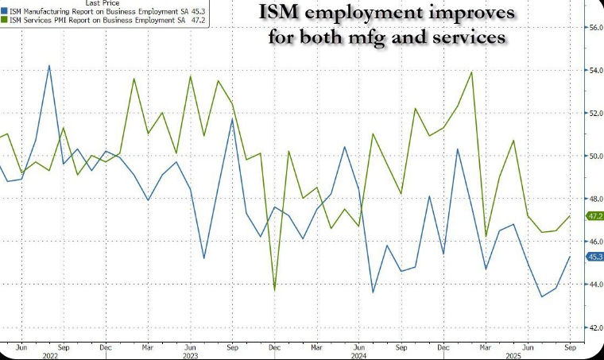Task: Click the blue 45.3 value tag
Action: tap(594, 257)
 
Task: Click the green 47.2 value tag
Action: tap(594, 215)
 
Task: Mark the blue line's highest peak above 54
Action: tap(49, 66)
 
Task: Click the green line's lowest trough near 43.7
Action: tap(274, 290)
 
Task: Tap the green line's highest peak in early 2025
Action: tap(472, 72)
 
